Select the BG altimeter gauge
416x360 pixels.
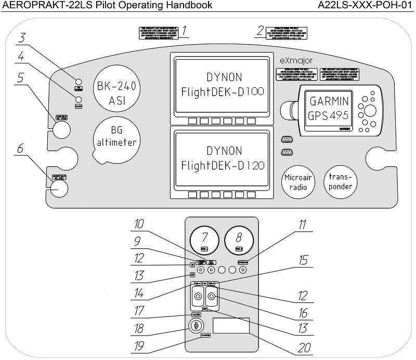(x=116, y=136)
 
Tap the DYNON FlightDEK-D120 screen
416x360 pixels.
(x=224, y=158)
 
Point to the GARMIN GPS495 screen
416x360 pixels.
(x=329, y=109)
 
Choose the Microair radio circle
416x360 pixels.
(x=297, y=182)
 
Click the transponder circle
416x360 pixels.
(x=341, y=182)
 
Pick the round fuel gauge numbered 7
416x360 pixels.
(x=204, y=241)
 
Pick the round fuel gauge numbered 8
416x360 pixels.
(x=239, y=241)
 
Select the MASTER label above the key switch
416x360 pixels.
(x=196, y=315)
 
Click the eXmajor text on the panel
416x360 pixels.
(x=296, y=61)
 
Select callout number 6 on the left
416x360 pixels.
(x=20, y=149)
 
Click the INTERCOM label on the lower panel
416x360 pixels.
(x=243, y=263)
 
